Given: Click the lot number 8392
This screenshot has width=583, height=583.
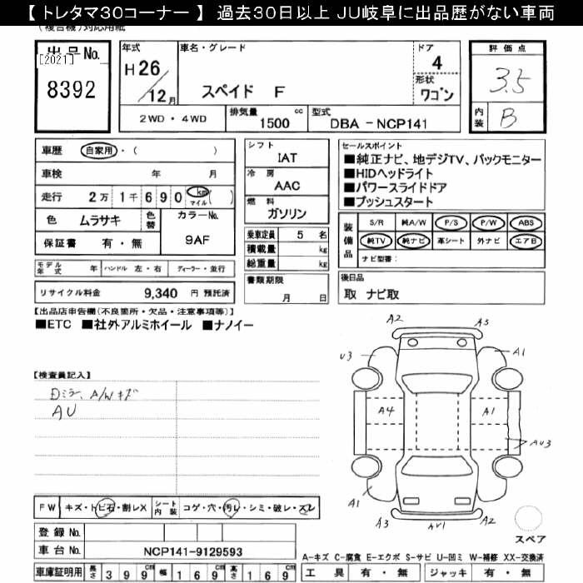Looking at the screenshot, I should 72,89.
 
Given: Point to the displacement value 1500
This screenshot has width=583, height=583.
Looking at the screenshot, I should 275,123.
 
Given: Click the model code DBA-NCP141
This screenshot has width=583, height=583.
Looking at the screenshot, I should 382,123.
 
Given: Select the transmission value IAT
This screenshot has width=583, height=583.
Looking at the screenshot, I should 286,156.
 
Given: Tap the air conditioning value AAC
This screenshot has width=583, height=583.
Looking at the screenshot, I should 287,186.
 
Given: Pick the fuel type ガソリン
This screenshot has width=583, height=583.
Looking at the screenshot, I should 286,212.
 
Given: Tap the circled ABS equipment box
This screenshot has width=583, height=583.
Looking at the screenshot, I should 526,223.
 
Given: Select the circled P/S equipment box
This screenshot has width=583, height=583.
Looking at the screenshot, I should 453,223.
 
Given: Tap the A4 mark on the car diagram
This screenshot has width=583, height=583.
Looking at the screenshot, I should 386,411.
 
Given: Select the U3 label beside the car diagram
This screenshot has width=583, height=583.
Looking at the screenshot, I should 346,356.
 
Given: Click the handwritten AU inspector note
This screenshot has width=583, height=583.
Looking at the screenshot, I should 62,411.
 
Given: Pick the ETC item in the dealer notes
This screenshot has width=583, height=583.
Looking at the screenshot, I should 58,323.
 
